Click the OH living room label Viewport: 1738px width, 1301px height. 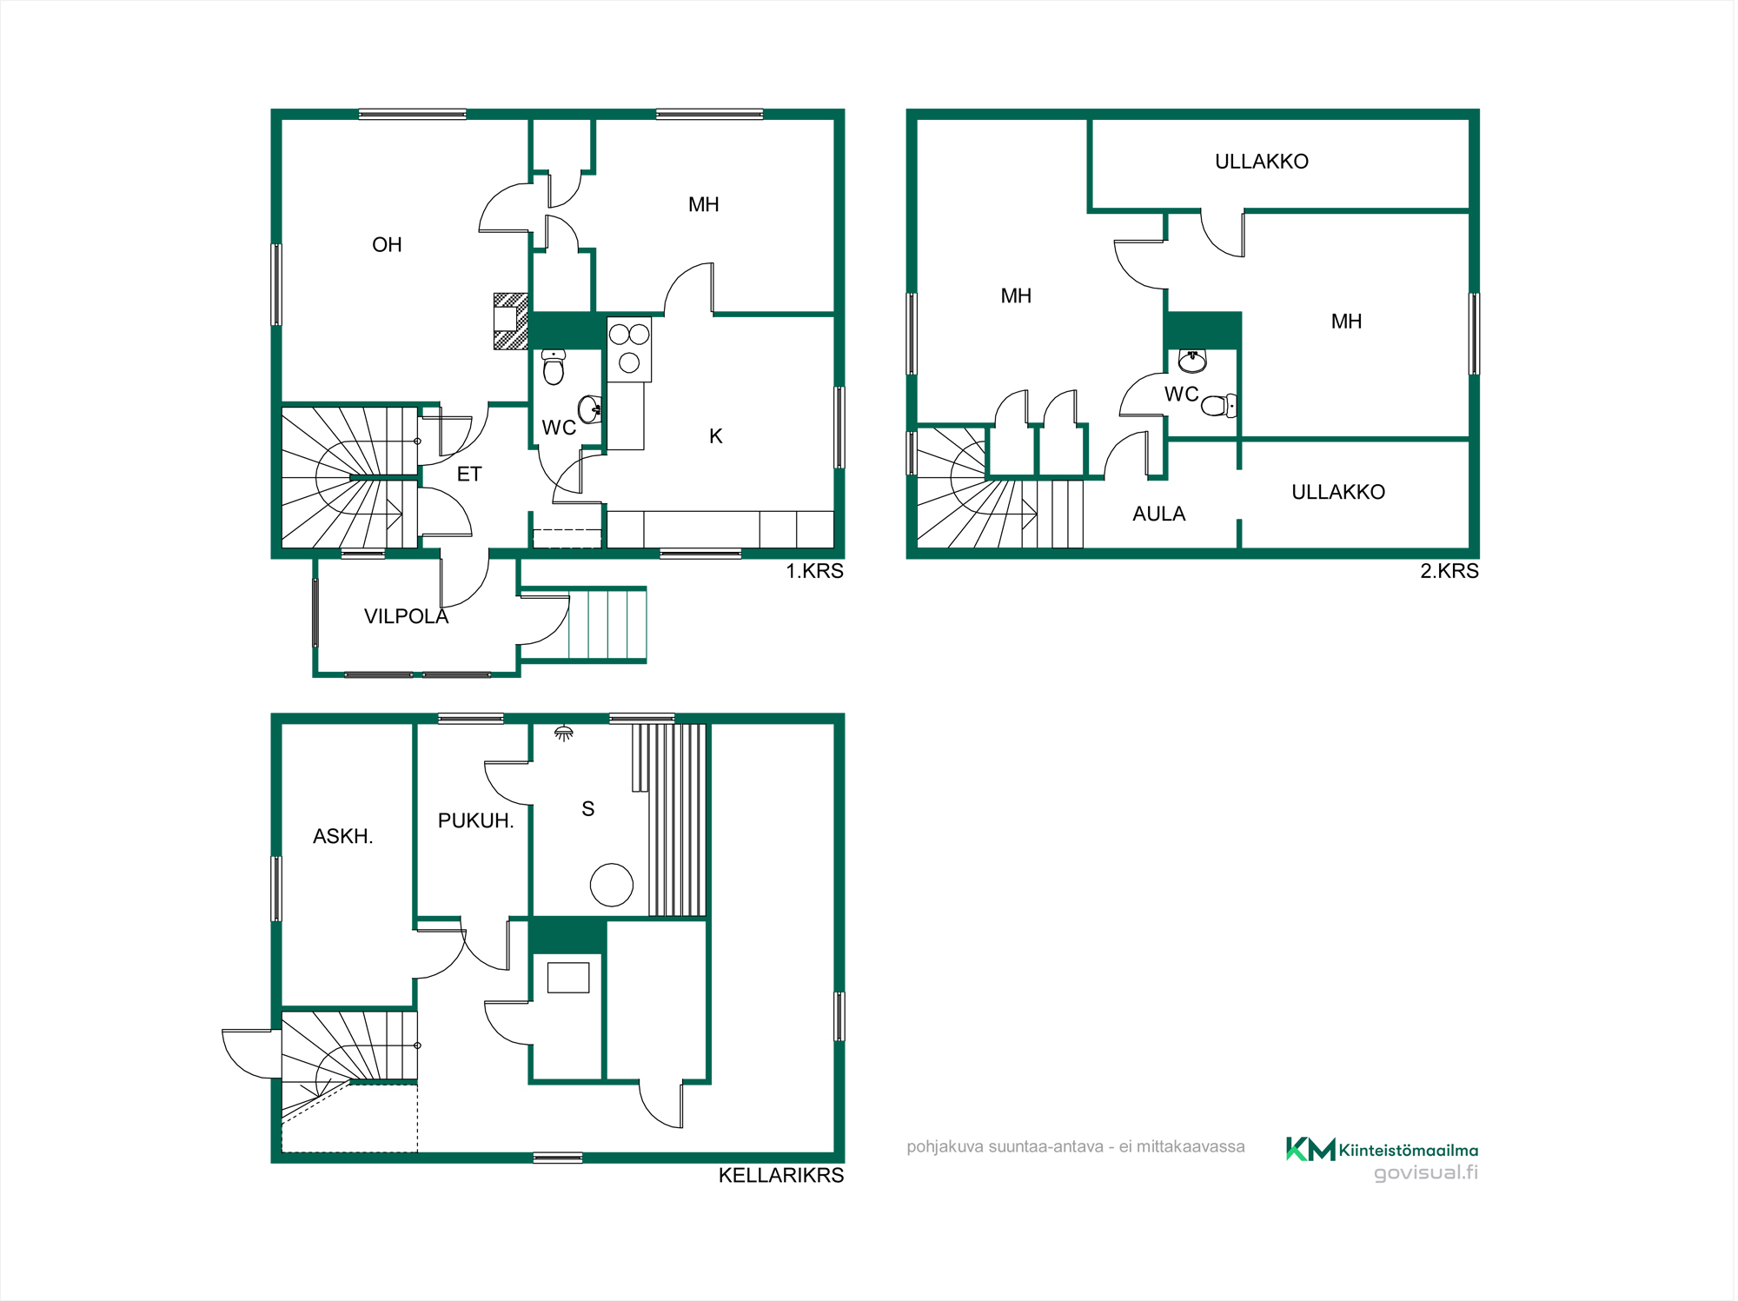coord(387,245)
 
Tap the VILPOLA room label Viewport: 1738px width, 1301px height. coord(406,616)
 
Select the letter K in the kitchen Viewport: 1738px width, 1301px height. coord(715,436)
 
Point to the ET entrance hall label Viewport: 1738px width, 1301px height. coord(469,474)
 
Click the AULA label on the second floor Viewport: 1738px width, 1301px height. coord(1158,514)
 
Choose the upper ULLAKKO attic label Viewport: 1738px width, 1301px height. coord(1261,162)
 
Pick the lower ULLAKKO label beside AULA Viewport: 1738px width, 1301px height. coord(1337,492)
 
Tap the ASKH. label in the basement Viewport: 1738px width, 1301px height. coord(342,836)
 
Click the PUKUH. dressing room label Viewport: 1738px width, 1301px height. coord(475,820)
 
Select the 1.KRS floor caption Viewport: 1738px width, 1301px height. coord(814,571)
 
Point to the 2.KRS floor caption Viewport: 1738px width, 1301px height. coord(1449,571)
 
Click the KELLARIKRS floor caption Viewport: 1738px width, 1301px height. coord(780,1175)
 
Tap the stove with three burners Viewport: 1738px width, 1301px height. coord(629,349)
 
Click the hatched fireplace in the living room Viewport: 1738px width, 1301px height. coord(511,322)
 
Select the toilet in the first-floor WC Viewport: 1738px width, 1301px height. coord(554,368)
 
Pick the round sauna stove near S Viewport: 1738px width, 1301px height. coord(612,886)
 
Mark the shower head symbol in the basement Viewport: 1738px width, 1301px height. coord(564,733)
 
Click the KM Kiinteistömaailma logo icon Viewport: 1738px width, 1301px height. coord(1310,1149)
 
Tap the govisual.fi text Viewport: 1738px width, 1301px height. coord(1425,1172)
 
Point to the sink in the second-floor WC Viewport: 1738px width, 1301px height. coord(1192,361)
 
